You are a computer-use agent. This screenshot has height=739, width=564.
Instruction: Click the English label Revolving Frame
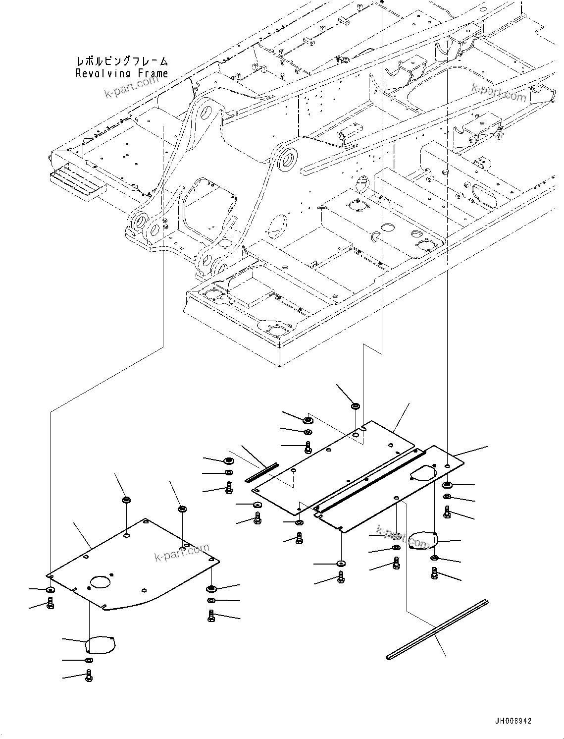pos(122,73)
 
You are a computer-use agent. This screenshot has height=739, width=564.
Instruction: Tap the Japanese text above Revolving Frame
pos(122,61)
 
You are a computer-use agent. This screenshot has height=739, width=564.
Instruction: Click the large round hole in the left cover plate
pos(101,582)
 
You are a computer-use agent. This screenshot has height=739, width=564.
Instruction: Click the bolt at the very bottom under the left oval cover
pos(89,675)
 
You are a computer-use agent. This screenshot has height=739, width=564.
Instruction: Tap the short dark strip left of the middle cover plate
pos(262,472)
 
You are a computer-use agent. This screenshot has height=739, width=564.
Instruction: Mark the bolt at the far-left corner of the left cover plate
pos(50,603)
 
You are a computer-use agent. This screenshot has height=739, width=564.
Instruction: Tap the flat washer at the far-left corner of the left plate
pos(50,590)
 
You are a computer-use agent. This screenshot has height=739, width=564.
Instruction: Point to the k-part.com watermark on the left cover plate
pos(182,553)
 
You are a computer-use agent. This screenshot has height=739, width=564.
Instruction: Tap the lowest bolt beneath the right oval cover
pos(434,574)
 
